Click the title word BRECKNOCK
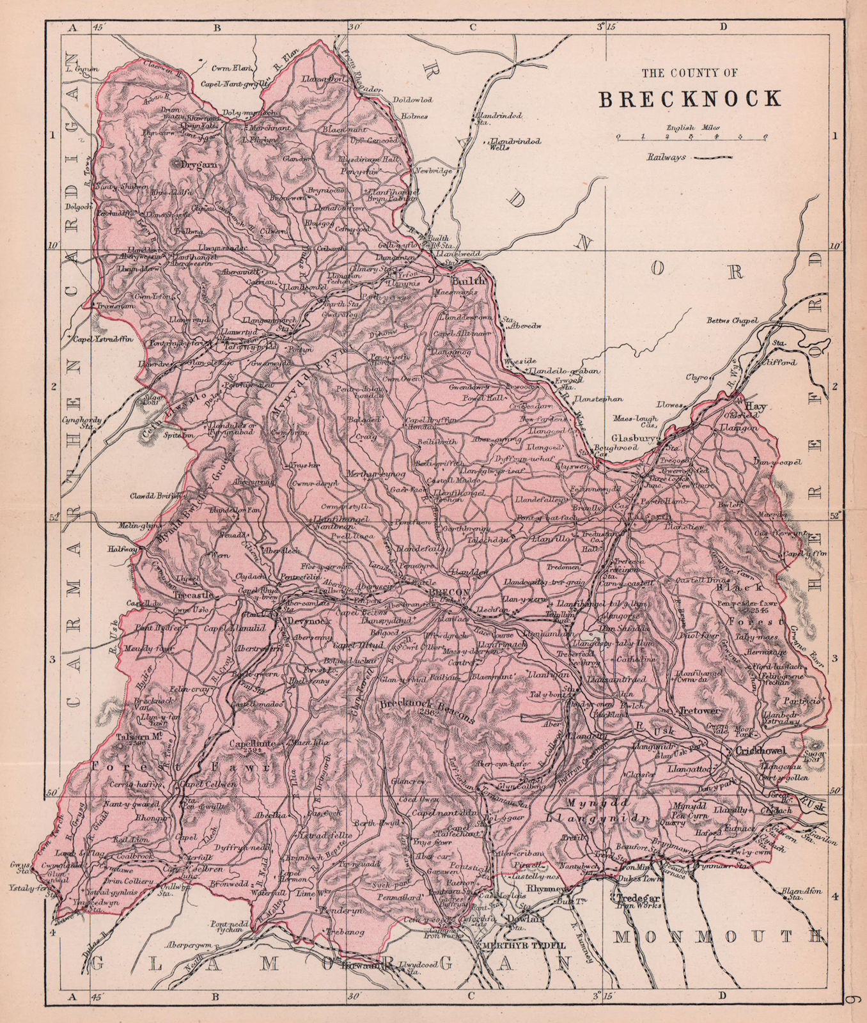click(689, 98)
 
